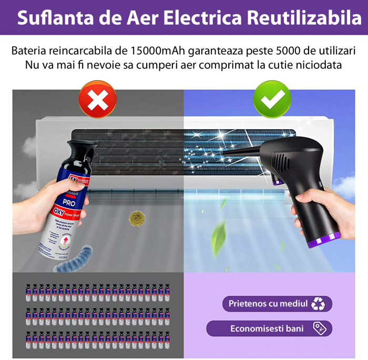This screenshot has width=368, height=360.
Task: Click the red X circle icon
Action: (97, 99)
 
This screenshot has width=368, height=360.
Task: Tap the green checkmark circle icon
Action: (272, 99)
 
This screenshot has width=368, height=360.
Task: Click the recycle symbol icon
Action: (318, 304)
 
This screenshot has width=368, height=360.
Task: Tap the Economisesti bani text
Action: (267, 328)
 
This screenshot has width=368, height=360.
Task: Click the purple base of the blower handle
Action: (324, 241)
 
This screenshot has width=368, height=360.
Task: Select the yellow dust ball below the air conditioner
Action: (136, 216)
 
